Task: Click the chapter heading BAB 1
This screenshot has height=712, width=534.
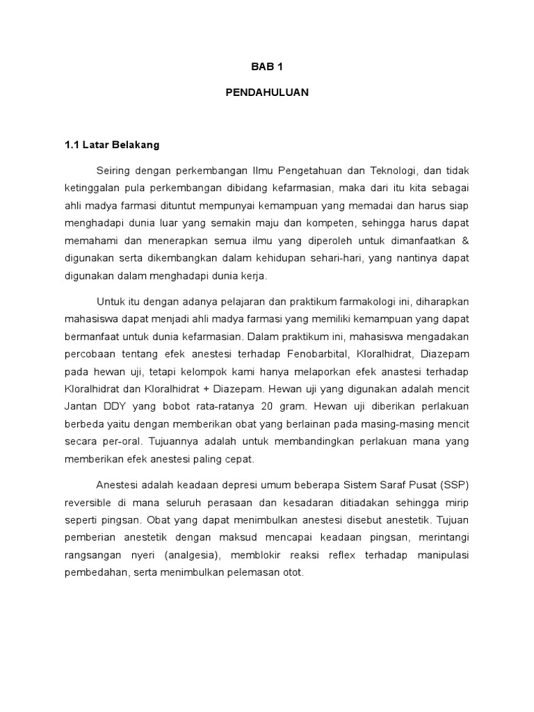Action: (x=267, y=67)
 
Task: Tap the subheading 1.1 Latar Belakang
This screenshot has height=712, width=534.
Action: (x=112, y=145)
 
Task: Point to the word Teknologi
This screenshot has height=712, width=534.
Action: (x=389, y=170)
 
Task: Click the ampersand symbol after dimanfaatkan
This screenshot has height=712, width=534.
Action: (x=465, y=241)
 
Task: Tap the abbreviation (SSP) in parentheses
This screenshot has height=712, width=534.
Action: (x=455, y=485)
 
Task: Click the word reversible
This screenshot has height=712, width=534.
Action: (x=90, y=503)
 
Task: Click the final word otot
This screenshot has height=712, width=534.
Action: (x=293, y=574)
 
